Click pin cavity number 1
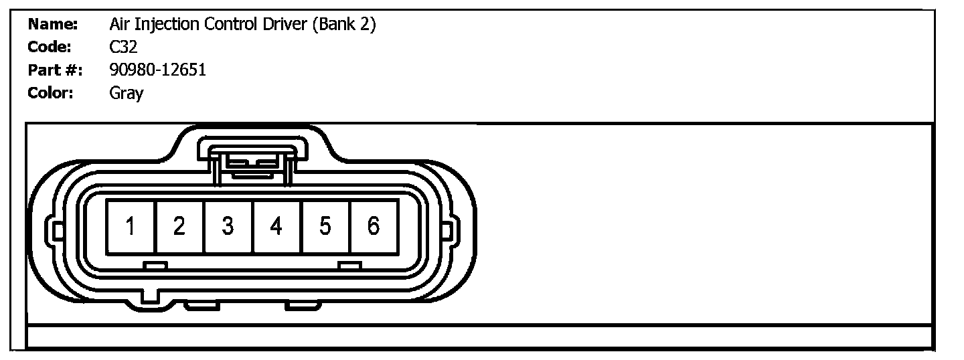(131, 227)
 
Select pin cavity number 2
(179, 227)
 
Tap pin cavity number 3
(228, 227)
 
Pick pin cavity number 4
(276, 227)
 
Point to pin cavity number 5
(325, 227)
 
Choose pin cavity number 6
(374, 227)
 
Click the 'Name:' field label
(53, 25)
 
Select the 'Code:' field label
(50, 47)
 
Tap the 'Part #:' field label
(55, 70)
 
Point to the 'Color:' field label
(50, 92)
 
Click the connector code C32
(123, 47)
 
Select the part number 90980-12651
(157, 70)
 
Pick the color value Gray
(126, 93)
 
